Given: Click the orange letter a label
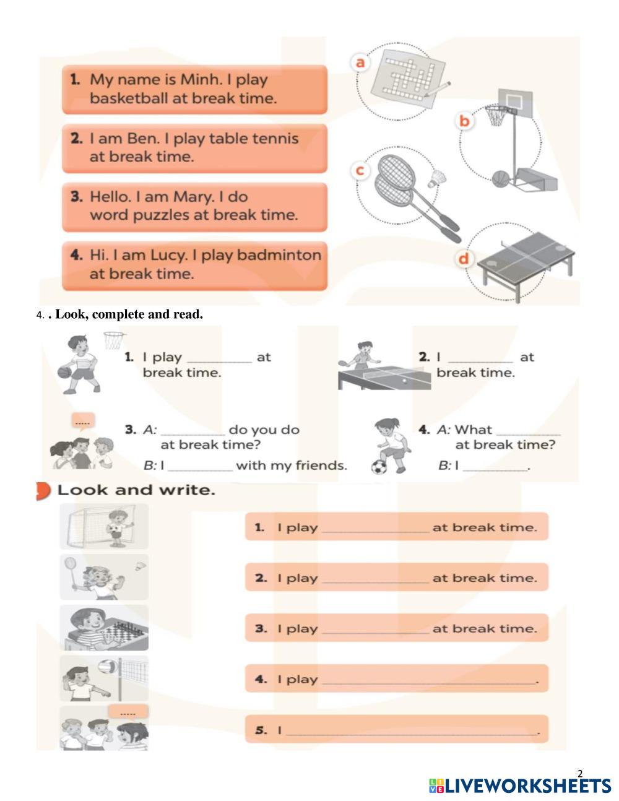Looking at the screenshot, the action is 360,63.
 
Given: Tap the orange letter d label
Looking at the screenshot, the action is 464,259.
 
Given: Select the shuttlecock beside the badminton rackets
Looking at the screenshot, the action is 438,179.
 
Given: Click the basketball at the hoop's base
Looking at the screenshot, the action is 500,179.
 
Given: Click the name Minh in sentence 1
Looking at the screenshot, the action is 201,79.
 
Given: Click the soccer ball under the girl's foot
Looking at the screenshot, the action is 379,467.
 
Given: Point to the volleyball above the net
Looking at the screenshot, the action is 107,666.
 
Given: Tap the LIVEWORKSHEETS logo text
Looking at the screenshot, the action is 528,786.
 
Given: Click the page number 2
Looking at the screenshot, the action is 580,773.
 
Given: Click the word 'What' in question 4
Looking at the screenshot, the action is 473,430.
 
